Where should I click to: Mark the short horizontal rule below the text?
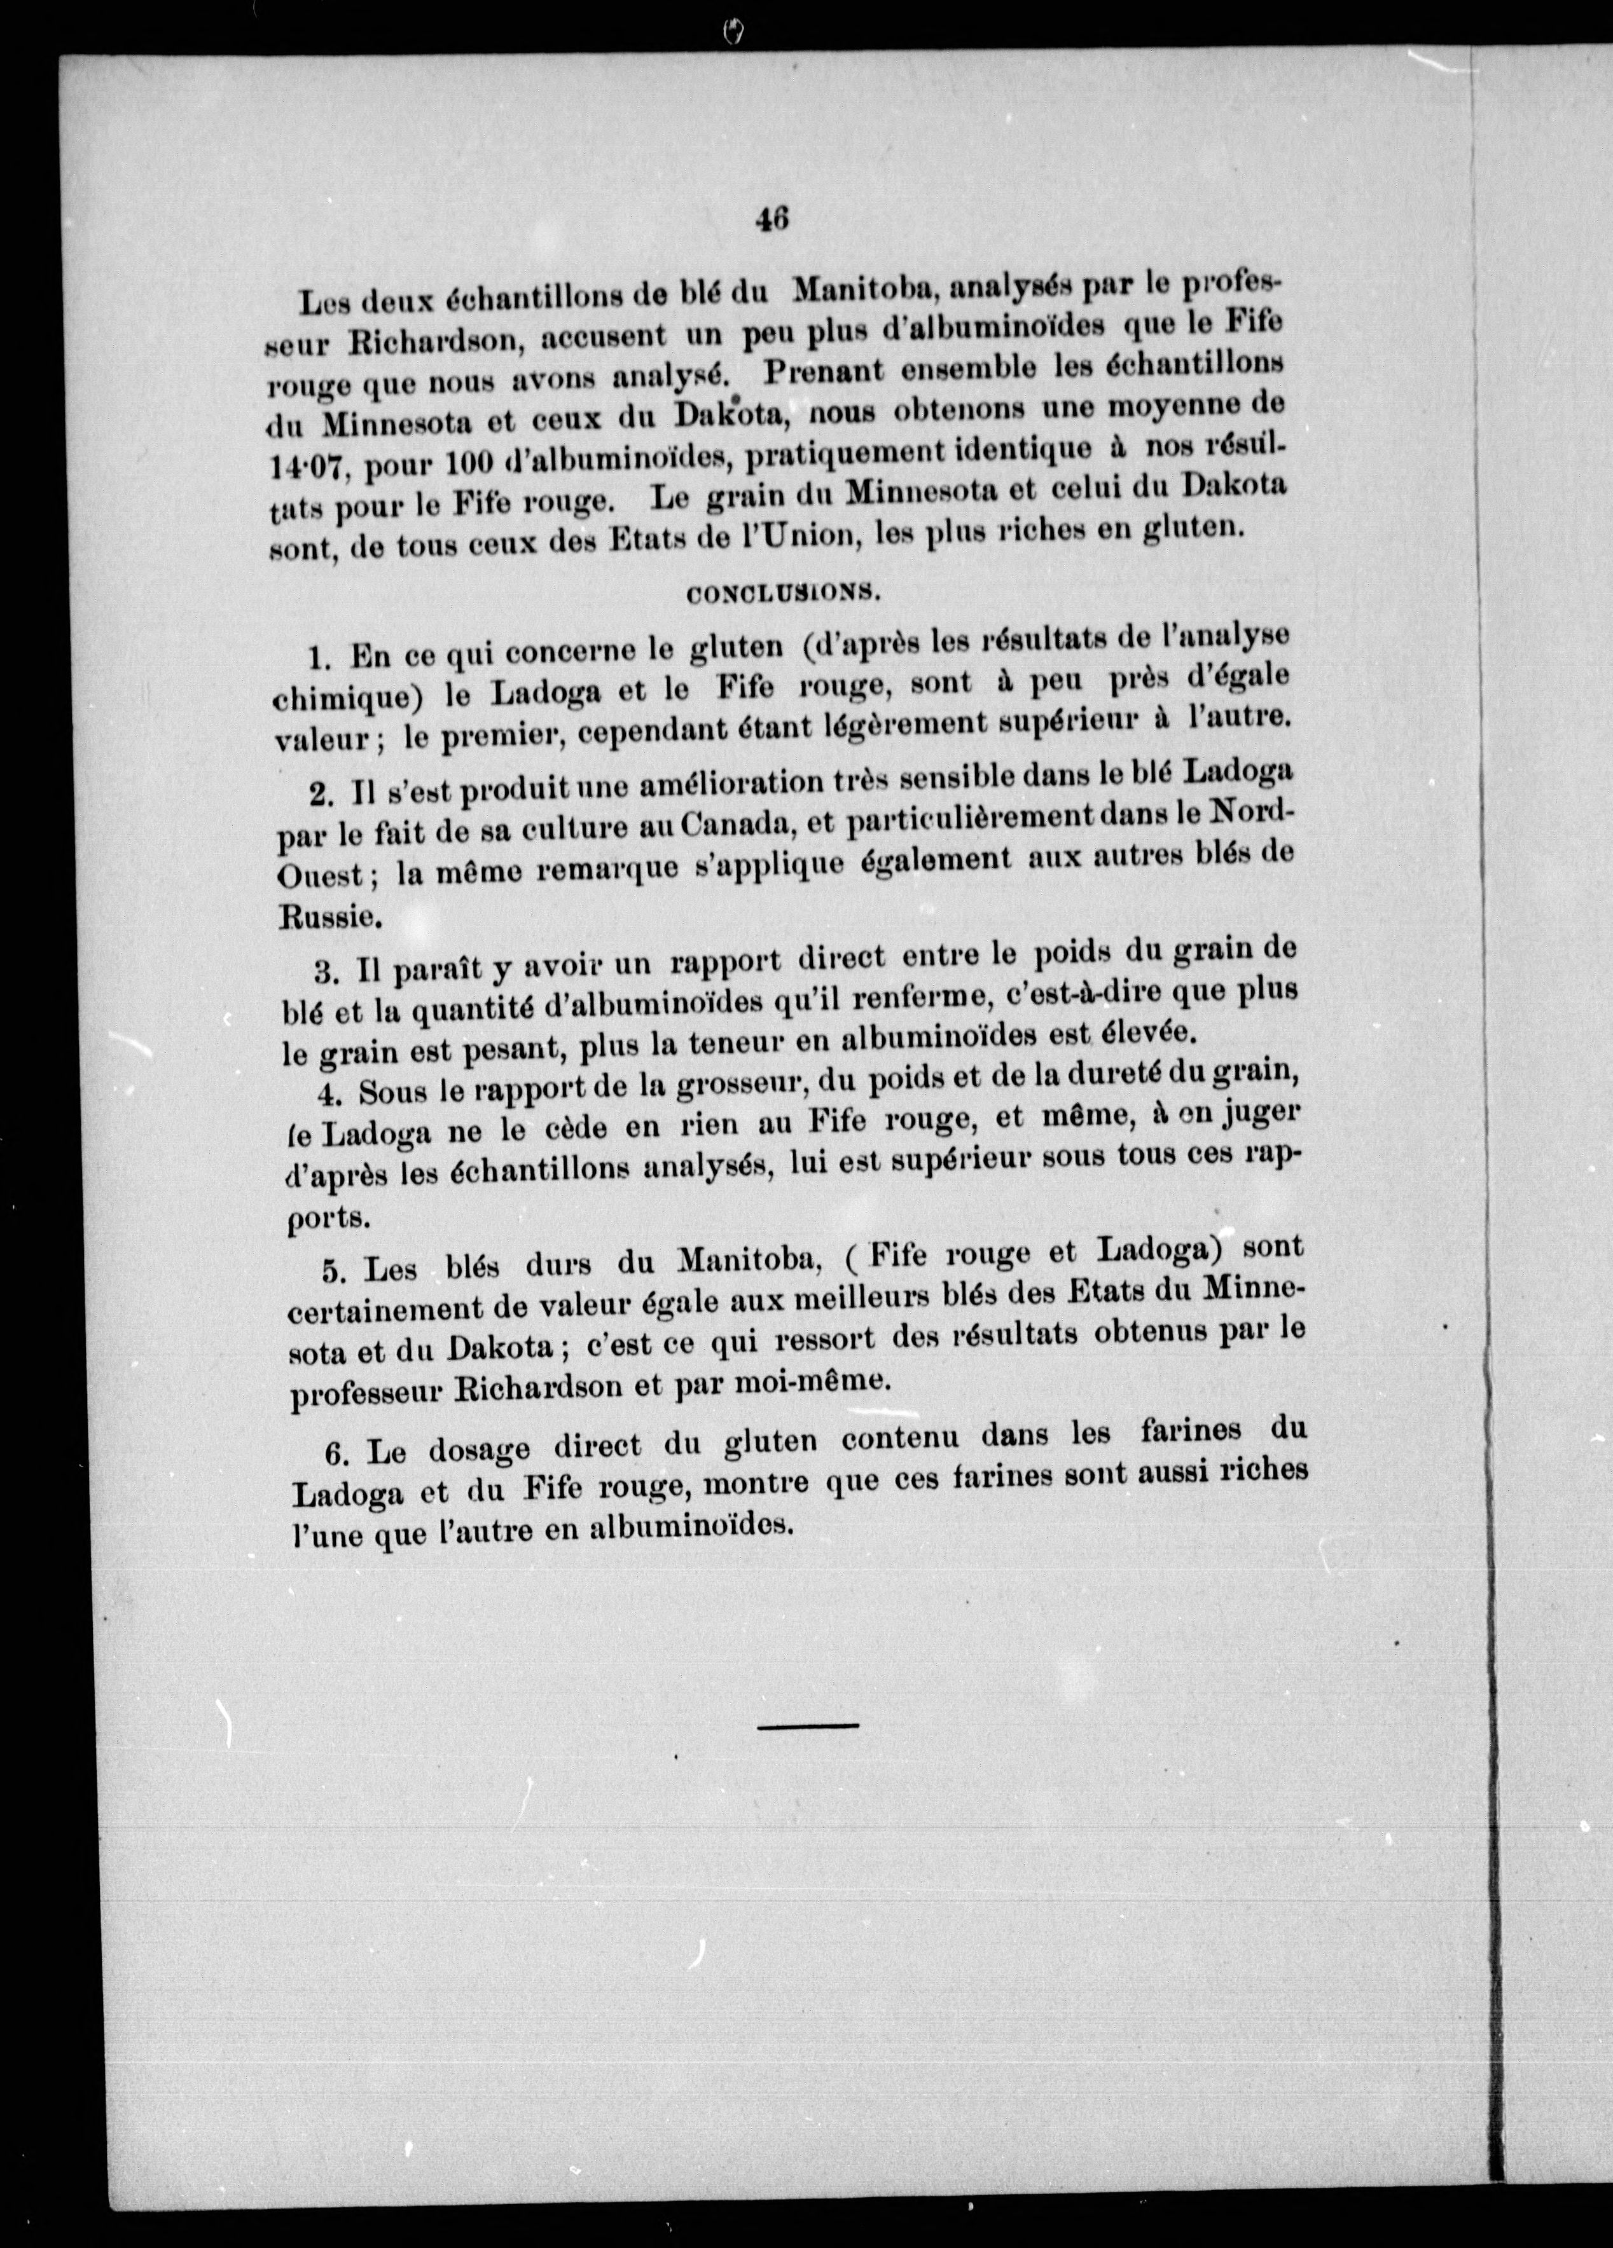point(808,1725)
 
